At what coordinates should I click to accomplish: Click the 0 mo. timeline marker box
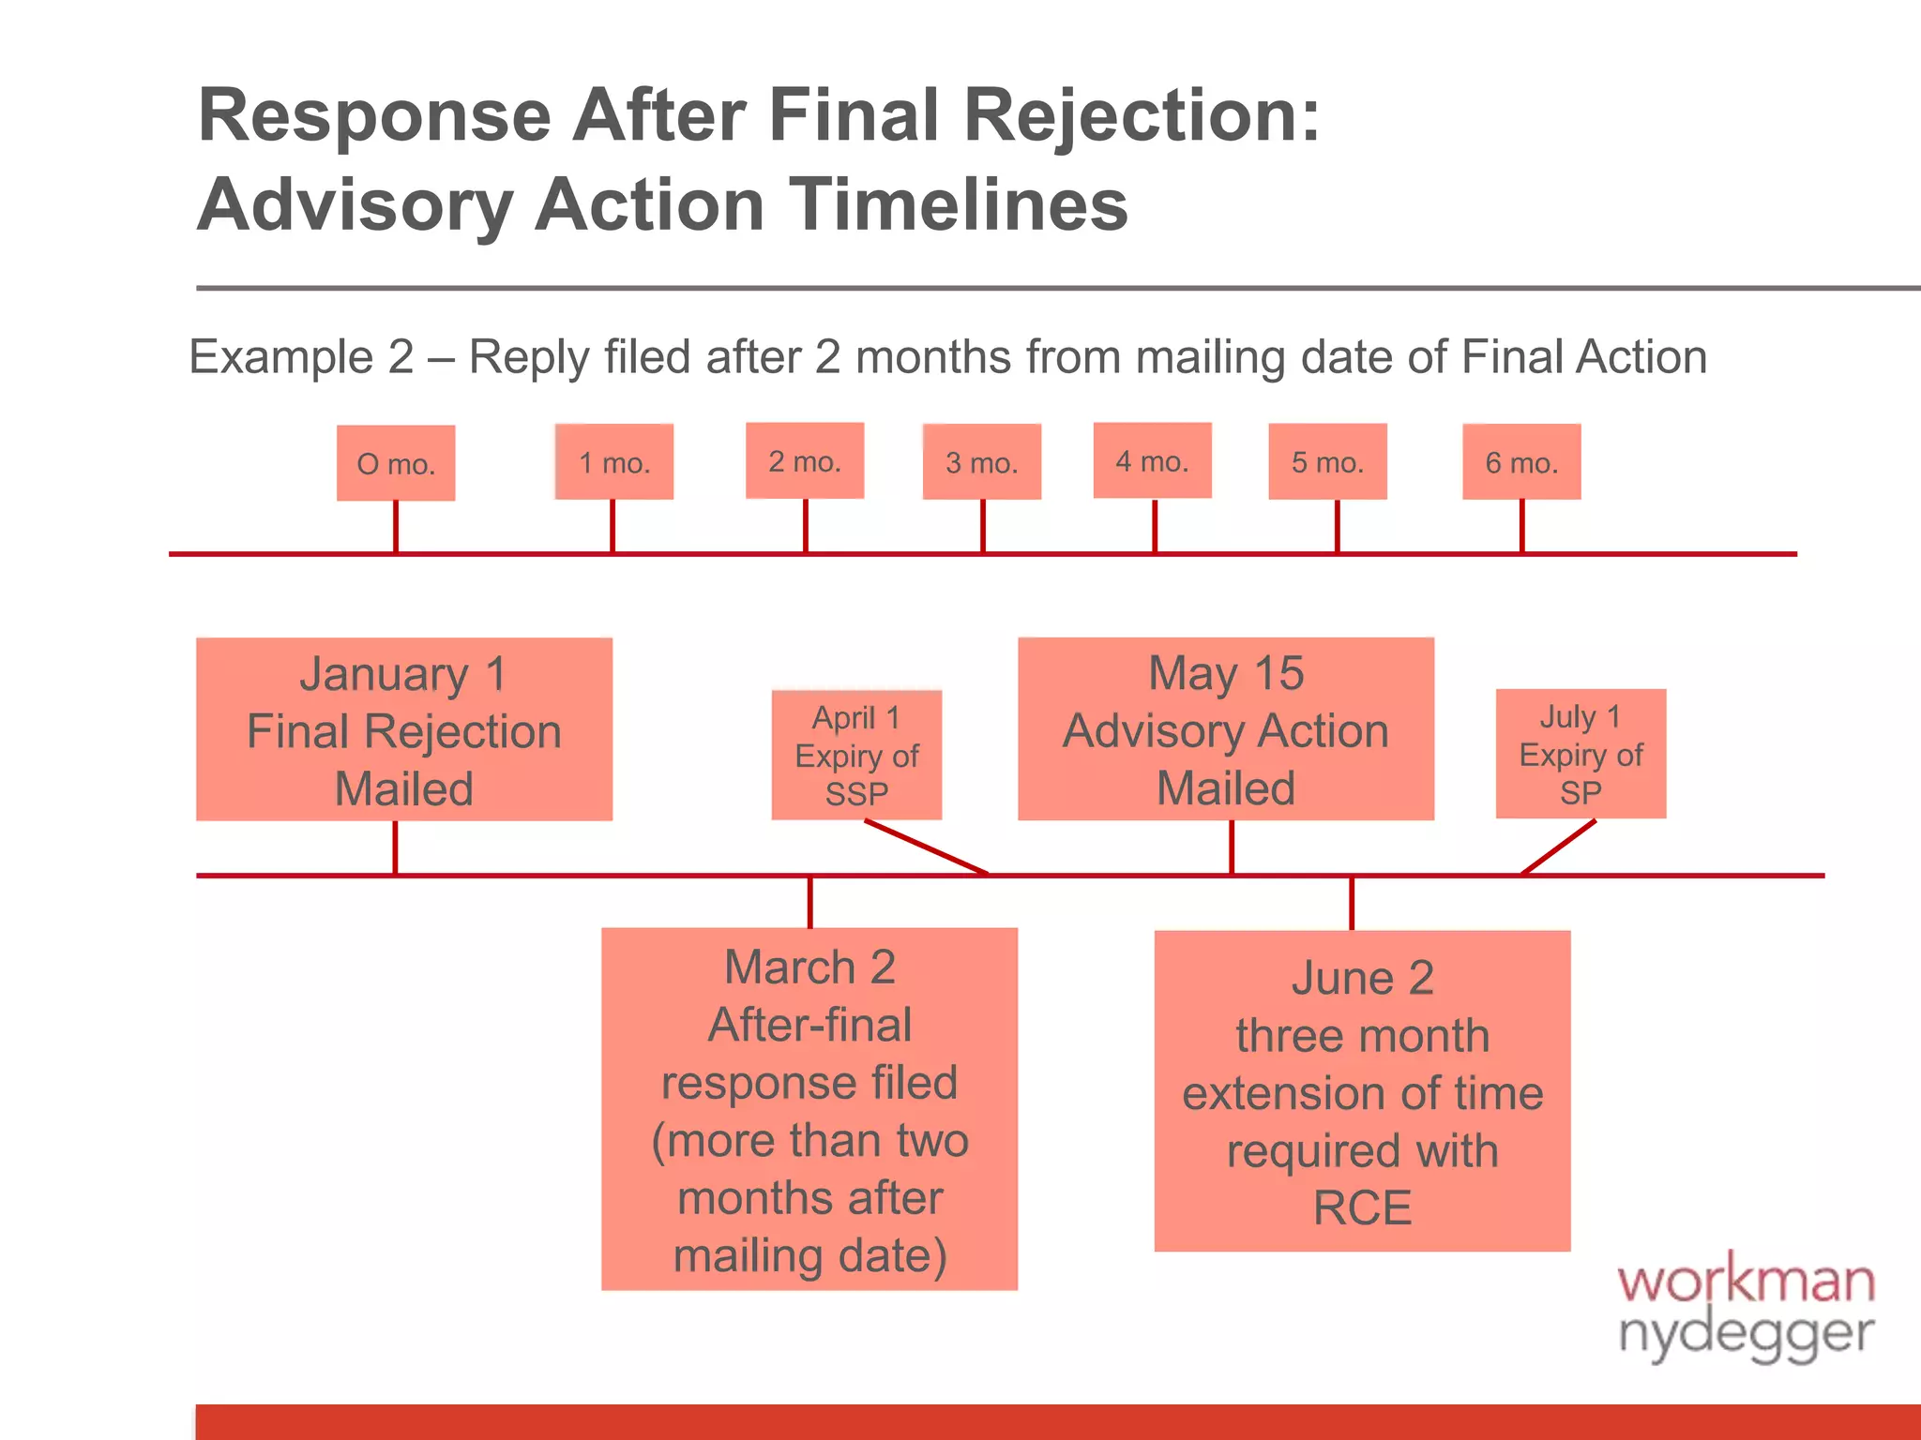click(396, 463)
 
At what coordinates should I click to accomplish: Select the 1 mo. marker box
click(613, 461)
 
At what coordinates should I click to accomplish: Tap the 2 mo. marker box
click(805, 460)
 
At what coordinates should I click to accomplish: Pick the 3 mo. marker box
click(981, 461)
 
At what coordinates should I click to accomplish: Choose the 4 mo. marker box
click(1152, 460)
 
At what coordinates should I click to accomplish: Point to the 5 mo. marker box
click(1327, 461)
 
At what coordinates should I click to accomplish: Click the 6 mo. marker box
click(1521, 461)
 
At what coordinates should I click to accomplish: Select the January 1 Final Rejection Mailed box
click(403, 729)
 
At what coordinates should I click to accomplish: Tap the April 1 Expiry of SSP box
click(856, 755)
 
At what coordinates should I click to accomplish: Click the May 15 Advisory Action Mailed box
click(1225, 729)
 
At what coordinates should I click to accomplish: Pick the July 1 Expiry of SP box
click(1581, 754)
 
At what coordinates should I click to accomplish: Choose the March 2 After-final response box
click(809, 1109)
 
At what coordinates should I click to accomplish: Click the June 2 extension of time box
click(1362, 1091)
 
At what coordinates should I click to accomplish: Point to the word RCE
click(1362, 1207)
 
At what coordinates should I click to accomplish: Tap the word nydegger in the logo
click(1745, 1333)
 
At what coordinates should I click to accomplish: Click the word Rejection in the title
click(1141, 115)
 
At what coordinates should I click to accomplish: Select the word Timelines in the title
click(957, 205)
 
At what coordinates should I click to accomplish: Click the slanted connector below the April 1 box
click(926, 847)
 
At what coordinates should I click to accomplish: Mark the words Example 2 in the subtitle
click(300, 357)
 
